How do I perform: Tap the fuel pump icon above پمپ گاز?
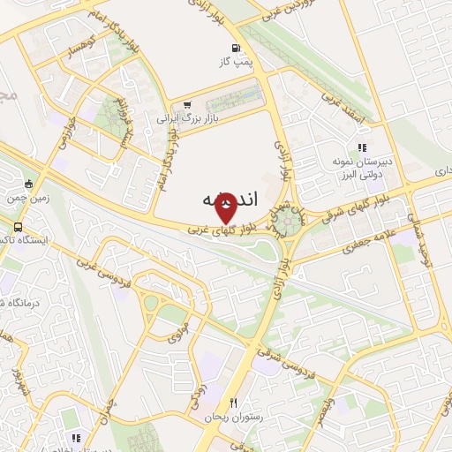pyautogui.click(x=234, y=48)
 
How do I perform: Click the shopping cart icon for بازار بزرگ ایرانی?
pyautogui.click(x=187, y=104)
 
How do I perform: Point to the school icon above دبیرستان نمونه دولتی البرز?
pyautogui.click(x=361, y=148)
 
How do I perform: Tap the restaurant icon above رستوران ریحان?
pyautogui.click(x=232, y=402)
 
